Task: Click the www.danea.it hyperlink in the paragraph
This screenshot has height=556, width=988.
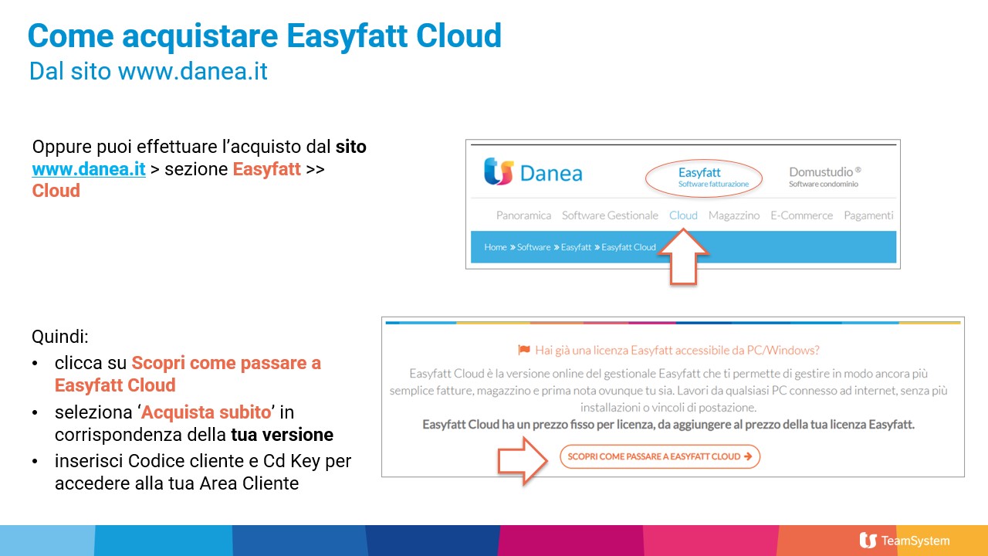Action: point(89,169)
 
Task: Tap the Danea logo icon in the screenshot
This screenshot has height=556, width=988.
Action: point(499,171)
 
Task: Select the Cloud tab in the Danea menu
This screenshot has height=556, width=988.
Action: point(683,215)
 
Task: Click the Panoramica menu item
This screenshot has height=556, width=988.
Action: point(523,215)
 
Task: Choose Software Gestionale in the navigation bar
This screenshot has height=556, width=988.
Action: point(610,215)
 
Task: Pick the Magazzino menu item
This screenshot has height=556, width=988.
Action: point(734,215)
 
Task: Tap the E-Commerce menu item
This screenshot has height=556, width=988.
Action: point(801,215)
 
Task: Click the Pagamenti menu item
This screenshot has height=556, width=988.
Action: point(868,215)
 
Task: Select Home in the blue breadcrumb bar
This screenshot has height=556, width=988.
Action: point(496,247)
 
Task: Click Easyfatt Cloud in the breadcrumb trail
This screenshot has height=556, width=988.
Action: point(628,247)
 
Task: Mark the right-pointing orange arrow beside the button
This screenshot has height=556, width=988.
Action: point(523,461)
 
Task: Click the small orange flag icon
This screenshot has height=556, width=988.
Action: point(524,350)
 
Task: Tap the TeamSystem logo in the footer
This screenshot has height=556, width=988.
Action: point(905,541)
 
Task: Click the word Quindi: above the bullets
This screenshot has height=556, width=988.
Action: point(60,337)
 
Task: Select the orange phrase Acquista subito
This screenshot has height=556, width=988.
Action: point(206,412)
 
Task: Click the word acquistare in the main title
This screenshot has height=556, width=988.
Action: point(200,36)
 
